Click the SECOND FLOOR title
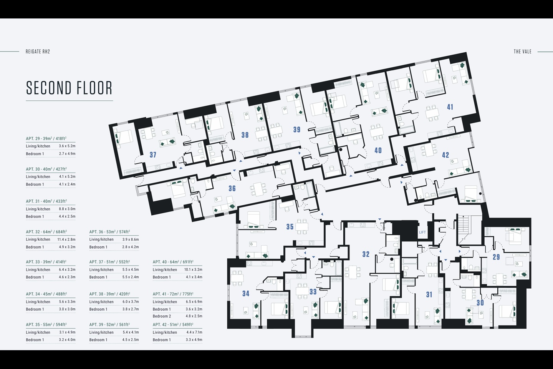click(69, 88)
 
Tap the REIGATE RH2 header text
click(38, 52)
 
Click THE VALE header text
click(522, 52)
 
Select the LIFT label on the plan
click(422, 232)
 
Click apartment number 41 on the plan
click(450, 107)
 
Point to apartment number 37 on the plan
click(153, 155)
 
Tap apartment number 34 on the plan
click(246, 293)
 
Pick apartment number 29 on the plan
click(496, 257)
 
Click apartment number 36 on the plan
click(232, 188)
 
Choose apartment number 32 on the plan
click(366, 254)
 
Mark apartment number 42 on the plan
click(445, 155)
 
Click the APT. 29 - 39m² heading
click(46, 138)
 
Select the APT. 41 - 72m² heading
click(173, 294)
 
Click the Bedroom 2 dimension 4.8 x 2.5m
click(194, 316)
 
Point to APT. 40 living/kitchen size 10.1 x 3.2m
click(193, 270)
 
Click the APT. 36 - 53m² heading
click(109, 232)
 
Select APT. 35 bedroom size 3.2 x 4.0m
click(67, 340)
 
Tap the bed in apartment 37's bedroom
click(124, 137)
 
